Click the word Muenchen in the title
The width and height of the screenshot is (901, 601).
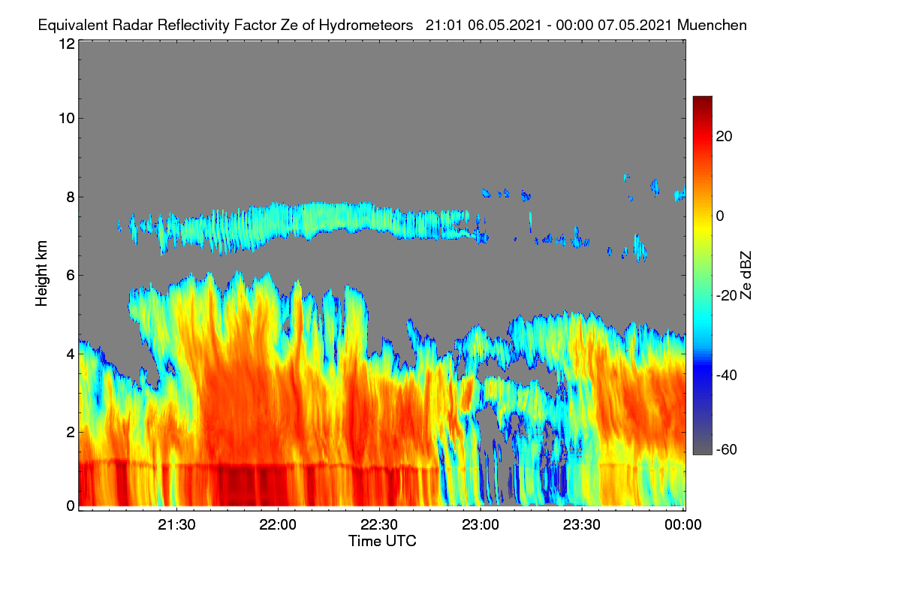coord(712,26)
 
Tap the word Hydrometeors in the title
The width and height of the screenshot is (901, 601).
coord(366,26)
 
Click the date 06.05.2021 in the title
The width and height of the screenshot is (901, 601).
coord(505,26)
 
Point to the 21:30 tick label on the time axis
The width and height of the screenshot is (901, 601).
coord(176,524)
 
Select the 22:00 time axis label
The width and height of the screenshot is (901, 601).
coord(278,524)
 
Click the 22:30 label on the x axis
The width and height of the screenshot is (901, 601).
coord(379,524)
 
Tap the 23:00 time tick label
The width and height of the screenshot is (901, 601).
coord(481,524)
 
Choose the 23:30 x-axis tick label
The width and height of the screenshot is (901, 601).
coord(582,524)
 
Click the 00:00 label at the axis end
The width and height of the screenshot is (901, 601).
coord(683,524)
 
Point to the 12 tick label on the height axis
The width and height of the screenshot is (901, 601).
coord(67,44)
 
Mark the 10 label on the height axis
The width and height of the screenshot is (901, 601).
coord(67,119)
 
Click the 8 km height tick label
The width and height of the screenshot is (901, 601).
coord(71,198)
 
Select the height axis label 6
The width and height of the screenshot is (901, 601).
coord(71,276)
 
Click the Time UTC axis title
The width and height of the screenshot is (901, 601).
coord(382,541)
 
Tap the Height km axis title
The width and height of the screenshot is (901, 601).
coord(41,273)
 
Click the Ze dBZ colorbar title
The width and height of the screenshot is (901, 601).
coord(746,276)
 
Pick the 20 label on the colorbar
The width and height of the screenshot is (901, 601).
coord(724,137)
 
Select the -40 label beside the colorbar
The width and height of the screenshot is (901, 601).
coord(727,375)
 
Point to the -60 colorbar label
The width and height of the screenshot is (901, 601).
coord(727,450)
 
